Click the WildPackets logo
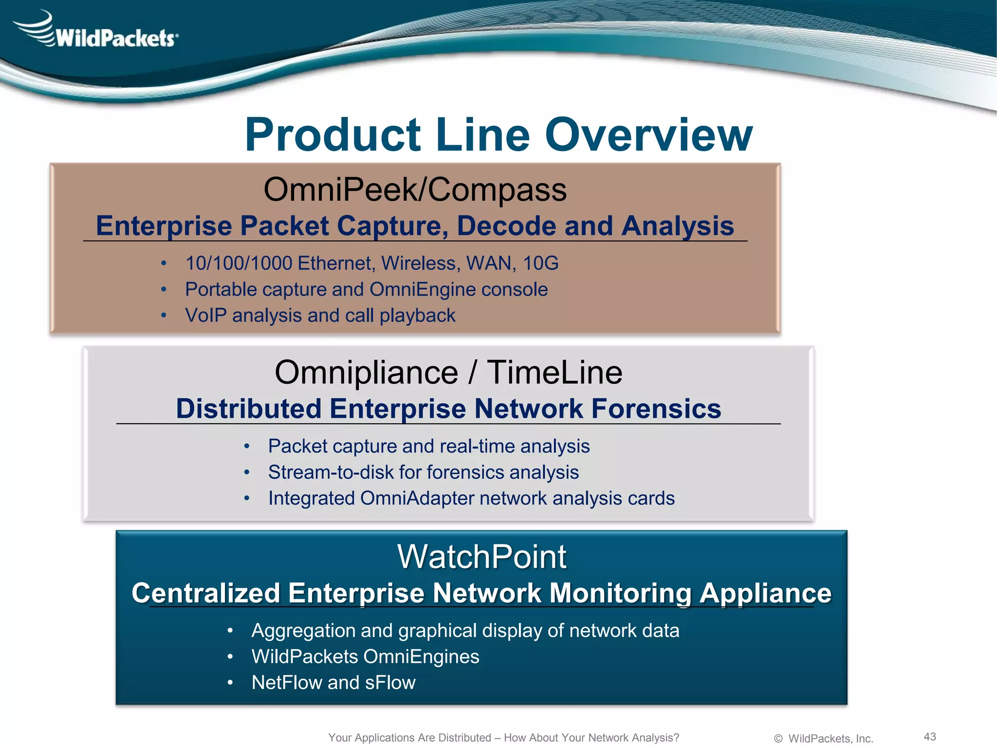point(97,32)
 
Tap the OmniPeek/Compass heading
point(415,189)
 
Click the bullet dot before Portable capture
point(164,290)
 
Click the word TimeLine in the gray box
point(554,373)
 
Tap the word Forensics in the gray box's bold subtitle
point(656,409)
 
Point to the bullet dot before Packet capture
point(247,447)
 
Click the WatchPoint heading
point(481,557)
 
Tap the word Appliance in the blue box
point(765,594)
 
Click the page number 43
point(929,736)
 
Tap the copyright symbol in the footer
point(778,739)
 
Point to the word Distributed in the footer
point(464,738)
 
